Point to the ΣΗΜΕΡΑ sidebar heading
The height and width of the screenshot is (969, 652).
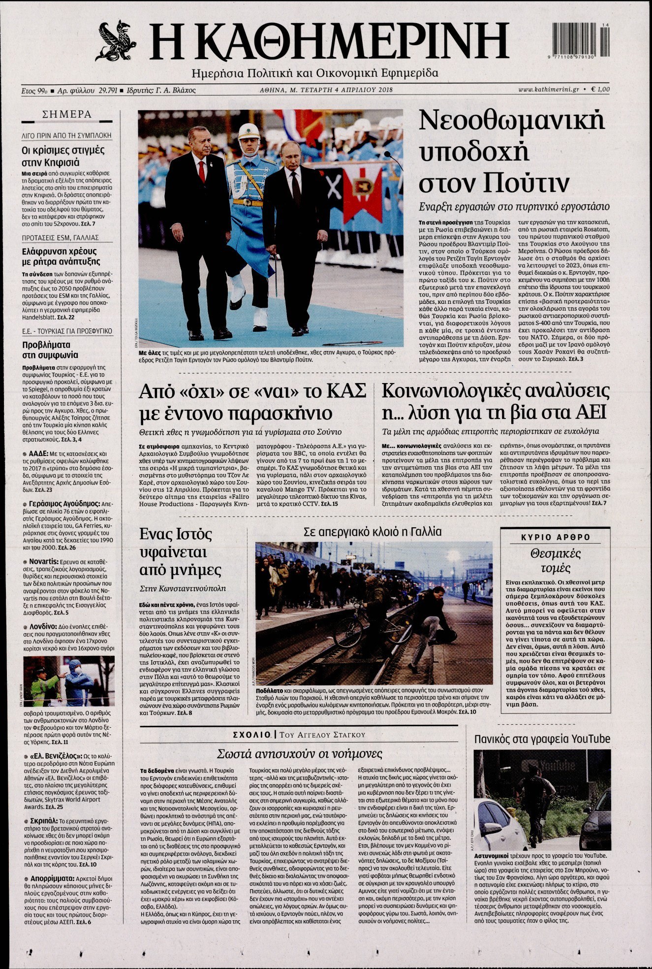[x=67, y=115]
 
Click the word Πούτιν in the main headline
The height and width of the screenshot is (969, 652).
[x=527, y=183]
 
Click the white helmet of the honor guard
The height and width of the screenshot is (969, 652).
[x=248, y=130]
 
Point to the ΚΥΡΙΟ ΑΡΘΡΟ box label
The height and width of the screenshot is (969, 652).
[x=556, y=537]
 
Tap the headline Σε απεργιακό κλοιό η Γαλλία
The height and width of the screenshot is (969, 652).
[x=373, y=532]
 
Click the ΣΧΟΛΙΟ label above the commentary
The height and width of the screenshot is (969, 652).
[x=252, y=735]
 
